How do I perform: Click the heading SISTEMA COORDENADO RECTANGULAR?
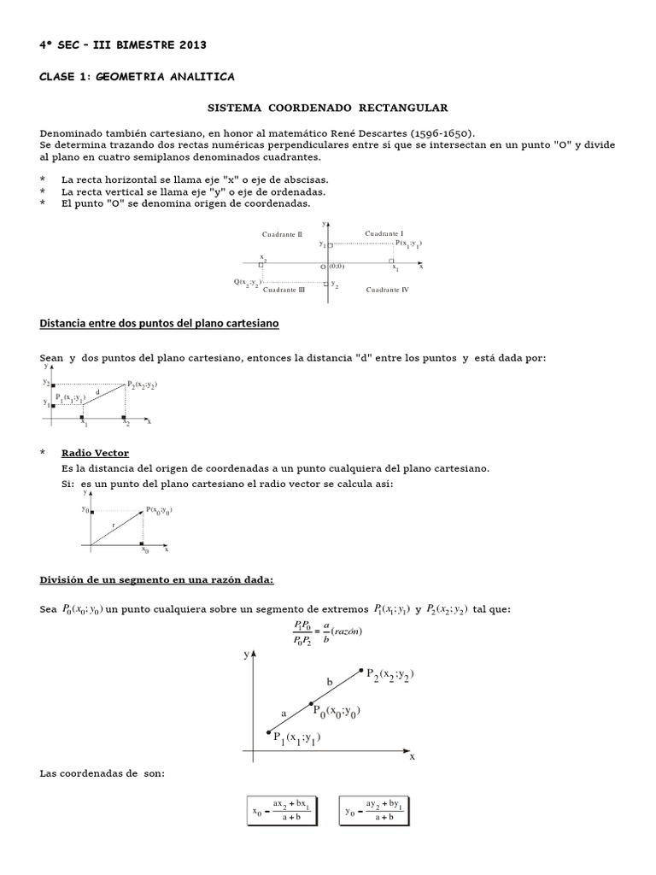click(x=329, y=109)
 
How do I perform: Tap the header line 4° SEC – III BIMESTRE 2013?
click(x=123, y=44)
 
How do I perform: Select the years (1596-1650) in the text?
click(x=445, y=133)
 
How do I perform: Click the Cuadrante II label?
click(x=281, y=233)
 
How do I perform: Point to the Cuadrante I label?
click(x=384, y=233)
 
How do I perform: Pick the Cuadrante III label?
click(x=284, y=290)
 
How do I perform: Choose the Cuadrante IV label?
click(x=387, y=290)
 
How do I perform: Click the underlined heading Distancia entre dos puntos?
click(x=160, y=324)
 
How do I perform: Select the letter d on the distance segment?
click(x=97, y=392)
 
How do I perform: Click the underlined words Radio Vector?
click(x=95, y=452)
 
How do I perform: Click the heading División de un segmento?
click(x=156, y=580)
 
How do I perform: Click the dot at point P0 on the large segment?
click(x=311, y=703)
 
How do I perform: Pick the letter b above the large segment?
click(x=331, y=681)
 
